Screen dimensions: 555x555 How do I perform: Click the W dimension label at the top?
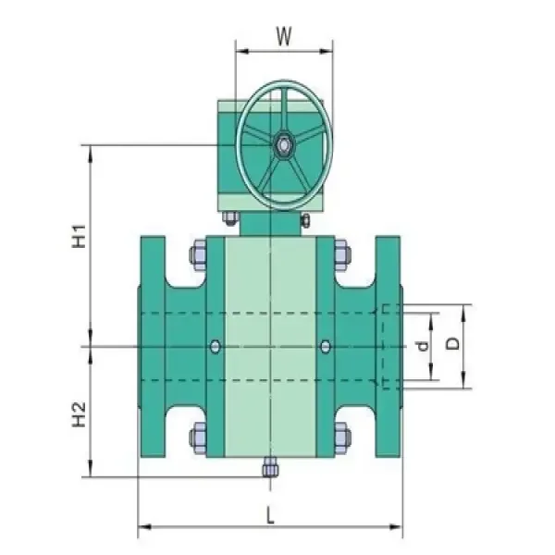[284, 37]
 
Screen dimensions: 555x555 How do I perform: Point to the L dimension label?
[270, 518]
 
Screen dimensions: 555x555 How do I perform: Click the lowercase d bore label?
[422, 348]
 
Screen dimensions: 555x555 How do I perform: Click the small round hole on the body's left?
[215, 346]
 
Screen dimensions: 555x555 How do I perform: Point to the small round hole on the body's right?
[324, 346]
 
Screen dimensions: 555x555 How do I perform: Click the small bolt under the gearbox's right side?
[303, 219]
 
